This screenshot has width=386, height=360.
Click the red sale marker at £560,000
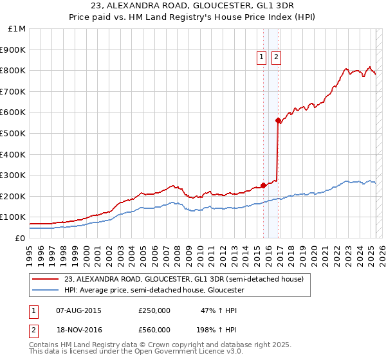(x=278, y=120)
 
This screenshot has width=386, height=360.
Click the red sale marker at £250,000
(x=263, y=185)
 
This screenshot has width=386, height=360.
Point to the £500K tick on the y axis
(x=13, y=133)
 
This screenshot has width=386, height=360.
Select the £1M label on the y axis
(x=17, y=29)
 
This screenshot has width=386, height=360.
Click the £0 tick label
(x=20, y=238)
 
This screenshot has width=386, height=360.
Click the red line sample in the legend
(x=46, y=279)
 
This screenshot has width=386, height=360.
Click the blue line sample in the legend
(x=46, y=291)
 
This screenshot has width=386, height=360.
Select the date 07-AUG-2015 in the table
(x=78, y=310)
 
